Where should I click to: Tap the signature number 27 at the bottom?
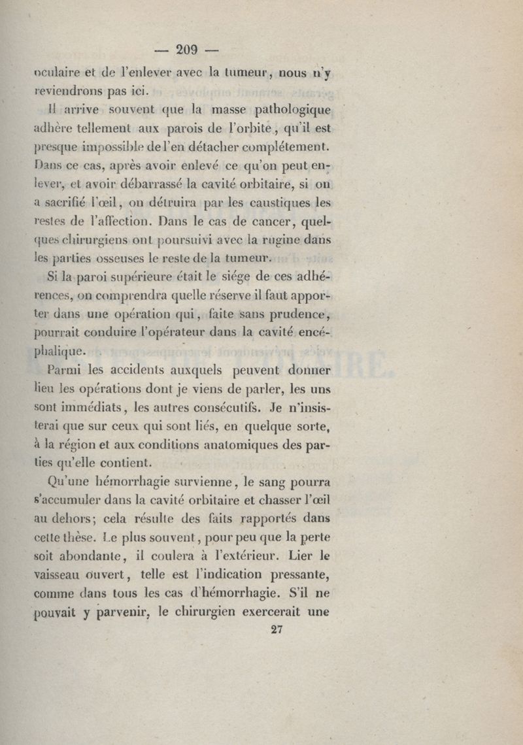[x=278, y=630]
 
